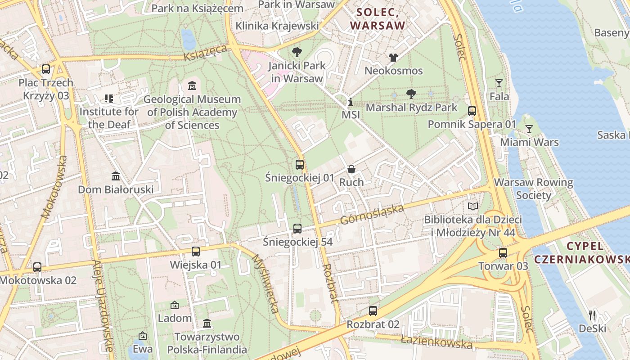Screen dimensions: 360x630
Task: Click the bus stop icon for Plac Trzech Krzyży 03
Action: [x=45, y=69]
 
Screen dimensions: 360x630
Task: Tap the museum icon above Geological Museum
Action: [x=192, y=85]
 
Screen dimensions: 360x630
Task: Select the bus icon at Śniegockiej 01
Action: [x=300, y=165]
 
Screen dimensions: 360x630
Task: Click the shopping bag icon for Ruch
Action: [x=351, y=169]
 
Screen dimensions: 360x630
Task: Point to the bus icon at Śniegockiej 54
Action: [x=297, y=229]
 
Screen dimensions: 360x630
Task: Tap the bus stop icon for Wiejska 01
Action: [x=195, y=252]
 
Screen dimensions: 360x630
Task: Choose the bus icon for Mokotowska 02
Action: [x=37, y=267]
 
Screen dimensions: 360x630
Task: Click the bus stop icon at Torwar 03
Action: [x=503, y=253]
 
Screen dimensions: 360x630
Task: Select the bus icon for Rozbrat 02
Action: [x=373, y=311]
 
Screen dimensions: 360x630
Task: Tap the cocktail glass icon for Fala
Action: [x=499, y=83]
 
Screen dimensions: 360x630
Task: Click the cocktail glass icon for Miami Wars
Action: [x=529, y=129]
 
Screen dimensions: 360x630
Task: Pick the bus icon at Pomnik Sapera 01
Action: [x=472, y=111]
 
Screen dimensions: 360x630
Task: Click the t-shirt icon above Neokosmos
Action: [x=393, y=57]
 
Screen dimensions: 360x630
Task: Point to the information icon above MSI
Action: [x=351, y=102]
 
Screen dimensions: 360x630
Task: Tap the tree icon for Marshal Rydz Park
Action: [x=411, y=94]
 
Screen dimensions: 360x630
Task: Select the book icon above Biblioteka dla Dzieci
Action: [x=472, y=207]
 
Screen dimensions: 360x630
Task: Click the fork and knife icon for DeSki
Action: [x=592, y=315]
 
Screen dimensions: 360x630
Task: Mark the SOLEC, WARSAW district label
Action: [x=378, y=19]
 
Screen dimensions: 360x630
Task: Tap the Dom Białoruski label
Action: [x=116, y=189]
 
